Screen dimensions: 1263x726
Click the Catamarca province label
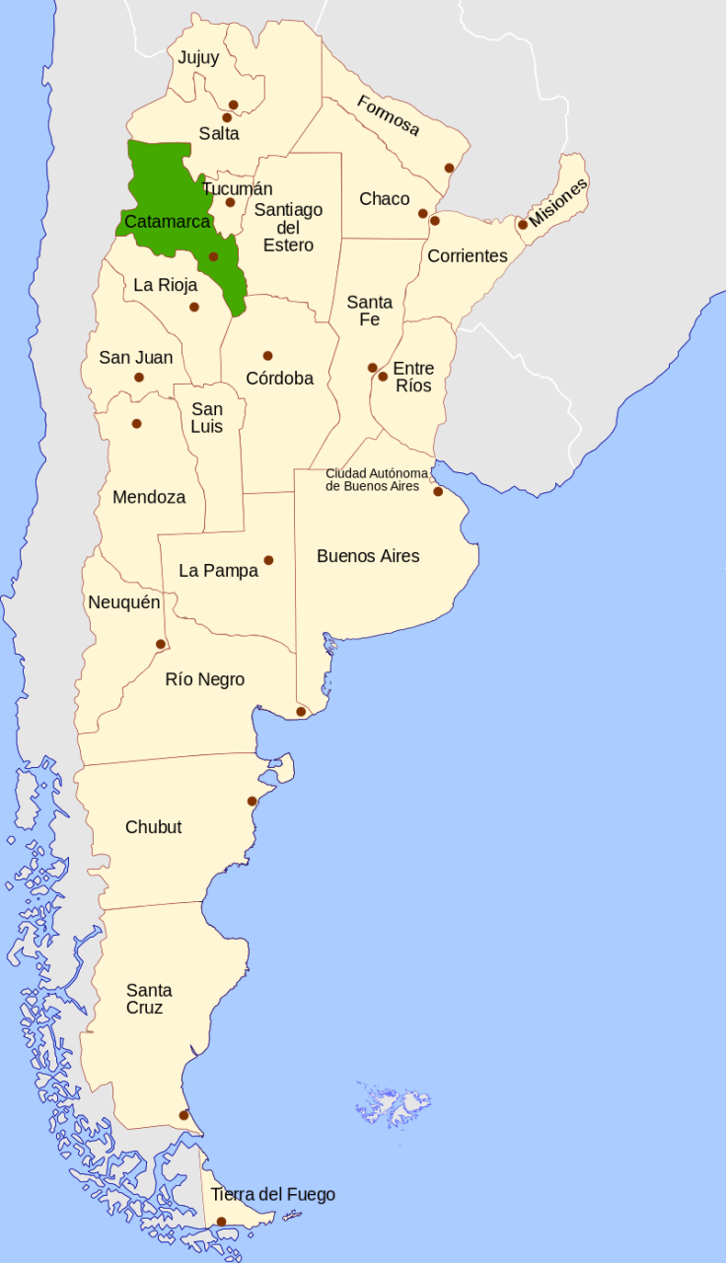coord(167,222)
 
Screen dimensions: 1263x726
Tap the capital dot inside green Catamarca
coord(213,256)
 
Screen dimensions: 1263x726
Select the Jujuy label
coord(198,57)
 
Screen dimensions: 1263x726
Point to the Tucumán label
coord(237,188)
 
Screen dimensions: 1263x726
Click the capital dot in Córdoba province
coord(267,356)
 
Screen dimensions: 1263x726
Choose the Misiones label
coord(558,203)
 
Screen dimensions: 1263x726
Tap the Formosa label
coord(388,115)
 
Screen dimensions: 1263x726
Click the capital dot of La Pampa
coord(268,560)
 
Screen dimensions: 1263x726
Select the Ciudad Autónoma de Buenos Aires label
coord(373,479)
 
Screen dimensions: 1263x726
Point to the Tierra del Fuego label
coord(273,1195)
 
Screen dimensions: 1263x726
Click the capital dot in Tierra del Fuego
coord(221,1222)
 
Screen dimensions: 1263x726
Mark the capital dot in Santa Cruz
coord(183,1115)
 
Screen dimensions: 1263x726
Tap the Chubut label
coord(153,827)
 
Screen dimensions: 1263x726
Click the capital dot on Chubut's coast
coord(253,801)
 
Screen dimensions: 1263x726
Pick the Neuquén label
coord(123,602)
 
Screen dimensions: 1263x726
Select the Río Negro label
coord(205,679)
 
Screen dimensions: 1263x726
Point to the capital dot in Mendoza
coord(136,424)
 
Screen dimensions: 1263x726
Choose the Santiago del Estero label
coord(288,227)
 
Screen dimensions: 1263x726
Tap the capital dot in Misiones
coord(523,225)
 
